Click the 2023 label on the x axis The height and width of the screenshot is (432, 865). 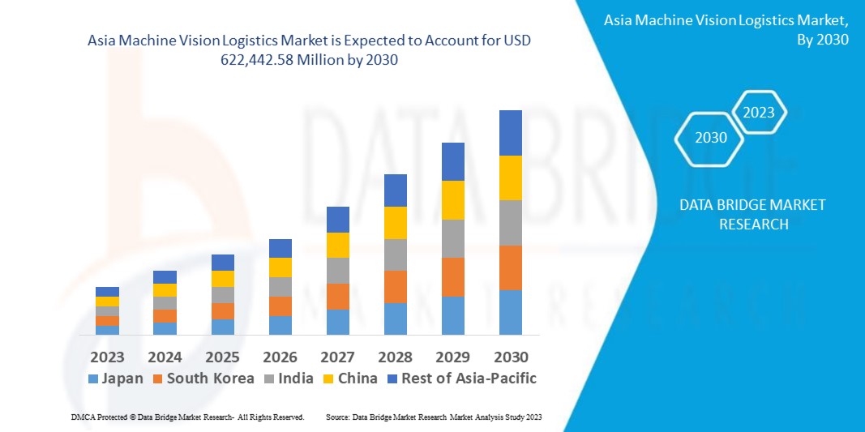click(x=107, y=357)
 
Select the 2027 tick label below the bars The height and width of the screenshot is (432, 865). click(x=337, y=357)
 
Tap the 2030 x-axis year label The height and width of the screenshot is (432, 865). click(x=511, y=357)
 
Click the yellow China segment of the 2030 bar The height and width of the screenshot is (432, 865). click(x=510, y=178)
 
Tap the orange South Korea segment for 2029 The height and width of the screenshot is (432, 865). click(x=452, y=277)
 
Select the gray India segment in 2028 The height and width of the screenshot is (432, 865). click(x=395, y=254)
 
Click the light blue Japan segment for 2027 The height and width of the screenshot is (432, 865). click(x=337, y=322)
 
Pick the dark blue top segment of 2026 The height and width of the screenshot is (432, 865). click(x=280, y=248)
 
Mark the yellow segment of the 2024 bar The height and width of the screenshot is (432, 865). click(x=165, y=290)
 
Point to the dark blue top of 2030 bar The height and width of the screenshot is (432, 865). click(x=510, y=133)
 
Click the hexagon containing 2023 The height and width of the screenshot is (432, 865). click(x=759, y=113)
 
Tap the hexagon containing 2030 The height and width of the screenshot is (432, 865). click(x=711, y=138)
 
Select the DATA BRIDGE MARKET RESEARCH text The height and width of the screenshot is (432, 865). click(x=752, y=214)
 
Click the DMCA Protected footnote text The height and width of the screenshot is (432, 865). click(x=186, y=417)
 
